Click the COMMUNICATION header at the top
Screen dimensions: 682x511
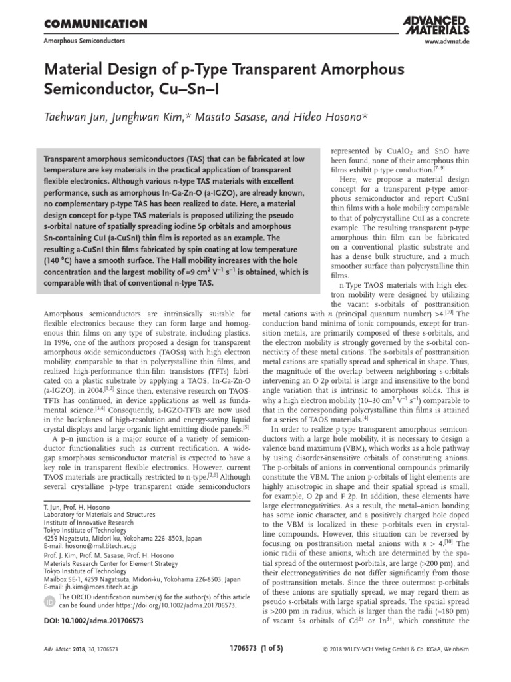coord(95,25)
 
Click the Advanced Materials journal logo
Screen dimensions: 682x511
coord(436,25)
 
